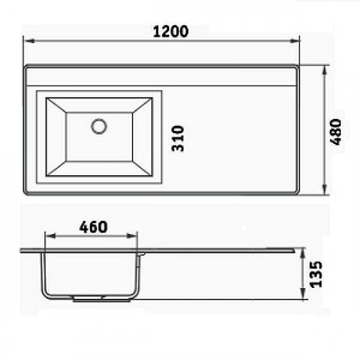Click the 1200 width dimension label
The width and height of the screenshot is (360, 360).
171,32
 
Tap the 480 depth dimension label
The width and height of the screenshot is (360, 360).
336,132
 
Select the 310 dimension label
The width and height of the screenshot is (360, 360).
178,138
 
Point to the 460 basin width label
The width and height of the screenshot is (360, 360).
94,227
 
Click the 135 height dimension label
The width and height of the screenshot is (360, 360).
316,274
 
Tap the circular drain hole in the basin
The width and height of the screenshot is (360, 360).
99,126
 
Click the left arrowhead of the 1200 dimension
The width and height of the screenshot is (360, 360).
30,41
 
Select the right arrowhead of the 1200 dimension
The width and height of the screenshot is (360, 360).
294,41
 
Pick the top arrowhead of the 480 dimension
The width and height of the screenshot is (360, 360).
325,71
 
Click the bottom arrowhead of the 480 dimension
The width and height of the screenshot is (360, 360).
325,189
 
